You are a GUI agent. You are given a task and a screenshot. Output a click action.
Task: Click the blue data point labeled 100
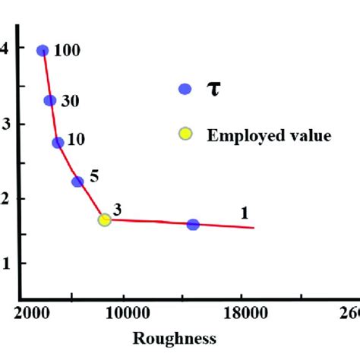point(43,51)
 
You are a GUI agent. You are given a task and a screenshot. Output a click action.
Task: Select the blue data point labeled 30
point(50,100)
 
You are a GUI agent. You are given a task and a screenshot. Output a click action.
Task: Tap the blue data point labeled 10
point(58,143)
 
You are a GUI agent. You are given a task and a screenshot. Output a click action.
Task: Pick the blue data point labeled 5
point(77,182)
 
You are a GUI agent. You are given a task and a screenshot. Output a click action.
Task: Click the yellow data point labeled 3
point(104,219)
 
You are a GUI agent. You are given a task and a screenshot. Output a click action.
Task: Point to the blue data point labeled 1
point(193,224)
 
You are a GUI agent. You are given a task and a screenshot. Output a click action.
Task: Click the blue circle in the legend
point(184,88)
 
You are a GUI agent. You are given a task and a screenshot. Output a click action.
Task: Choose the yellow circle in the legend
point(185,135)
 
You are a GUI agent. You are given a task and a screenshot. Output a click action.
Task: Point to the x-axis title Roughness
point(174,338)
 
